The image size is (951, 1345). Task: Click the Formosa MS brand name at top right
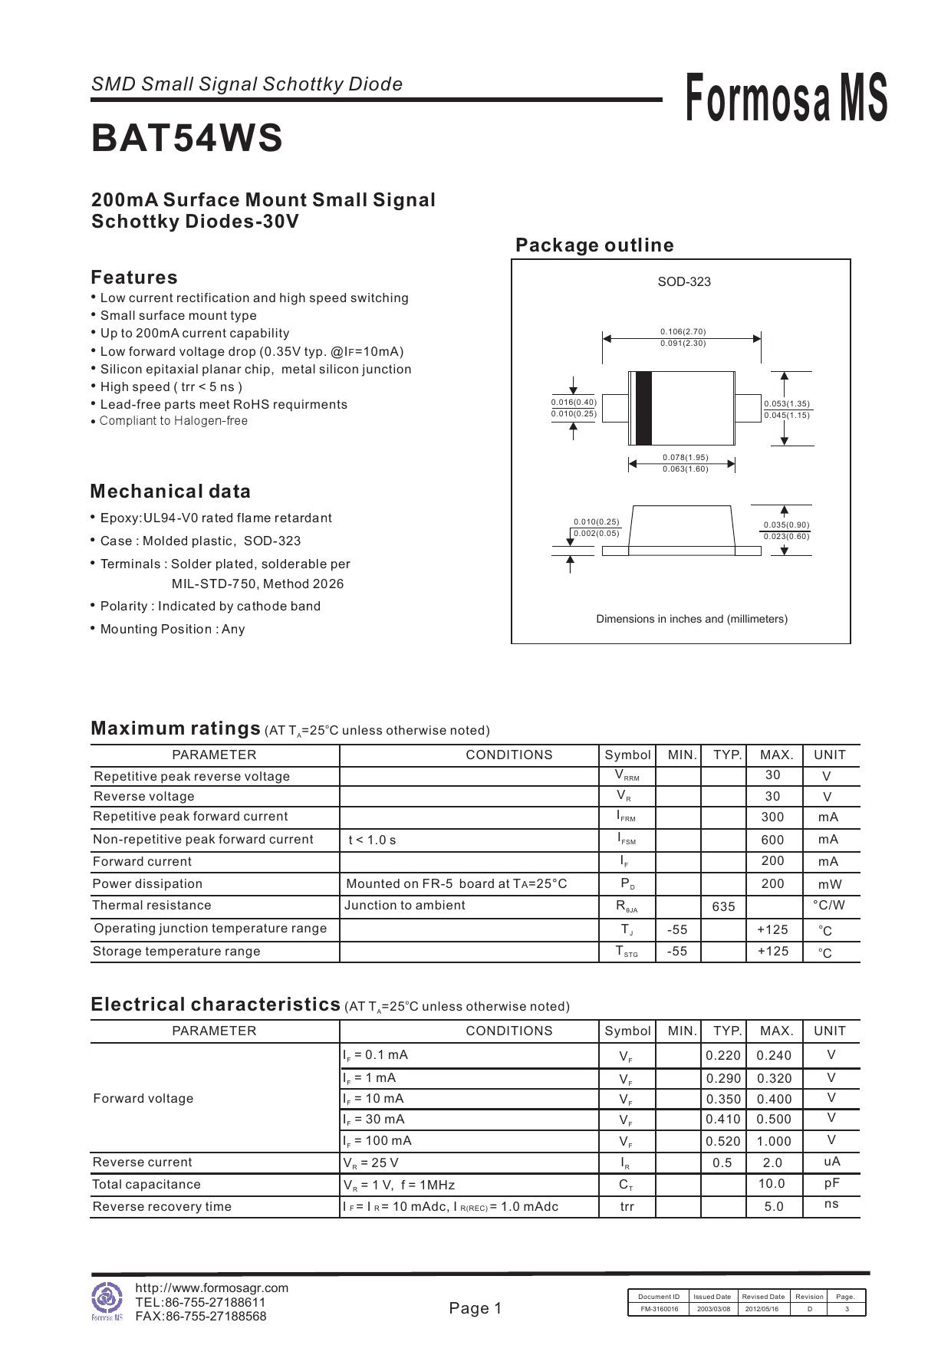(785, 98)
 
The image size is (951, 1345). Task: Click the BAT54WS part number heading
(186, 139)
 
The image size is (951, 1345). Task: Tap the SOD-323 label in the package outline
(683, 281)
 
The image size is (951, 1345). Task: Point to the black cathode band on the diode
(643, 407)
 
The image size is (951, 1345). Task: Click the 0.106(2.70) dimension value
(683, 331)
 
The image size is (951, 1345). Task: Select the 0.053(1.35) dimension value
(787, 403)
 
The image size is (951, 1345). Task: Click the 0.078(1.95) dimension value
(686, 457)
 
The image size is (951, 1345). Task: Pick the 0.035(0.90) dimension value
(786, 525)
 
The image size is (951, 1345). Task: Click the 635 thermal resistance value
(723, 906)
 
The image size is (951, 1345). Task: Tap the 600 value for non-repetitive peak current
(772, 840)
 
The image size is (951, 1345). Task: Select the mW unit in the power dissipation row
(829, 884)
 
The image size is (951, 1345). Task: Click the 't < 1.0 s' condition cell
(372, 840)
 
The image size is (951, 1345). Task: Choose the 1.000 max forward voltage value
(774, 1141)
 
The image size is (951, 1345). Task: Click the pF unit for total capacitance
(831, 1183)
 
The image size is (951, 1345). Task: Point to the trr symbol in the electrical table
(627, 1206)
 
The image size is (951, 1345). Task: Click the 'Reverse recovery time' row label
(162, 1206)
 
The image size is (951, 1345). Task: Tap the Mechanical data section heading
(170, 492)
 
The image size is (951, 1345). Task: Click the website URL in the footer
(212, 1287)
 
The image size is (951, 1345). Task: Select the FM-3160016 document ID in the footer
(659, 1309)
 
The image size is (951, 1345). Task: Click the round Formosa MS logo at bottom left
(107, 1297)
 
